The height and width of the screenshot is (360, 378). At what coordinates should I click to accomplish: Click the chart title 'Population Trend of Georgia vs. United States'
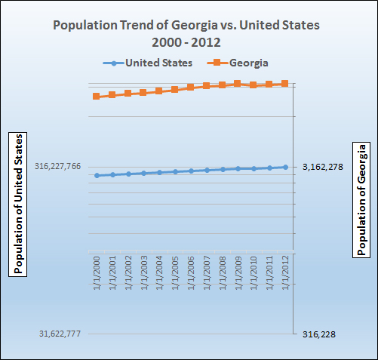(x=186, y=25)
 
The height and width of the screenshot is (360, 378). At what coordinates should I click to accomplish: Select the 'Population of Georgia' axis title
(x=361, y=198)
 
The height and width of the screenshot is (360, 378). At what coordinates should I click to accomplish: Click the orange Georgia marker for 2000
(x=96, y=97)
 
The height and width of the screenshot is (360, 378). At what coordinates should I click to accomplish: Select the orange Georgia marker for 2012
(x=285, y=84)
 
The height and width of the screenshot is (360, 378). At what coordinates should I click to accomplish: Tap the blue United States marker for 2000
(x=97, y=175)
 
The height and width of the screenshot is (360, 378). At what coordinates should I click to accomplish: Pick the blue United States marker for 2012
(x=285, y=167)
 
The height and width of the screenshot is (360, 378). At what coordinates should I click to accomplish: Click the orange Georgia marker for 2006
(x=191, y=88)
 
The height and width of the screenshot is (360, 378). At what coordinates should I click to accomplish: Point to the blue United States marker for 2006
(x=191, y=171)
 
